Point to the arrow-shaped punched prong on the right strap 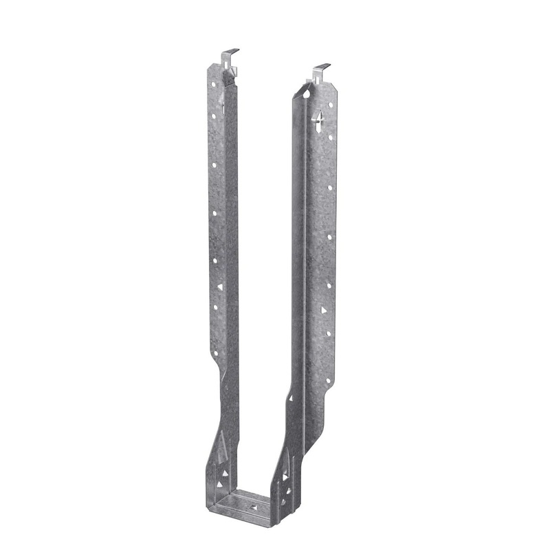pos(318,124)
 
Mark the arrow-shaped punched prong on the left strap pos(222,104)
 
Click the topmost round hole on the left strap pos(213,85)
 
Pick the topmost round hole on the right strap pos(329,105)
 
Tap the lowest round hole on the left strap pos(215,353)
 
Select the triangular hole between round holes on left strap pos(220,286)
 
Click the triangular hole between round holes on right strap pos(323,310)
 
